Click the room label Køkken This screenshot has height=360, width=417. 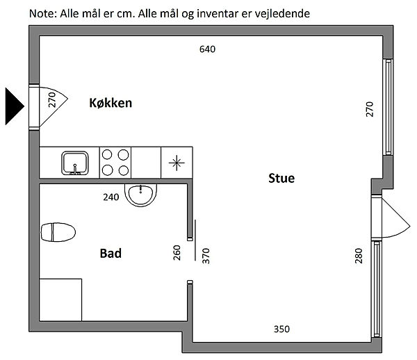pyautogui.click(x=111, y=103)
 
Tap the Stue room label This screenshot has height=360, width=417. pyautogui.click(x=281, y=178)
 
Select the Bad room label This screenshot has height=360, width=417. pyautogui.click(x=111, y=254)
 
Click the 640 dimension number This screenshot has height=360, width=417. pyautogui.click(x=207, y=49)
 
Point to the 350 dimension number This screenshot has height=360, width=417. pyautogui.click(x=281, y=329)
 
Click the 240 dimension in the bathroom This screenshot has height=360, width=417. pyautogui.click(x=111, y=197)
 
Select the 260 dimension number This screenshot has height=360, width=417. pyautogui.click(x=177, y=252)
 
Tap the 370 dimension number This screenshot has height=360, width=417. pyautogui.click(x=206, y=256)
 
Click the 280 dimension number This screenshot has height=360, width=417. pyautogui.click(x=359, y=256)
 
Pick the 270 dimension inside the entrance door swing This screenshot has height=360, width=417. pyautogui.click(x=52, y=99)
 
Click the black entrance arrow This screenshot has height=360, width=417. pyautogui.click(x=15, y=106)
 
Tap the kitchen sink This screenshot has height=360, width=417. pyautogui.click(x=75, y=163)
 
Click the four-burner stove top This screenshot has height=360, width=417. pyautogui.click(x=115, y=162)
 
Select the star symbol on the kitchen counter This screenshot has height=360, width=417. pyautogui.click(x=177, y=163)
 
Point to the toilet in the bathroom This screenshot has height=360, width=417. pyautogui.click(x=58, y=232)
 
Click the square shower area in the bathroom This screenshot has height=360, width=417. pyautogui.click(x=60, y=300)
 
